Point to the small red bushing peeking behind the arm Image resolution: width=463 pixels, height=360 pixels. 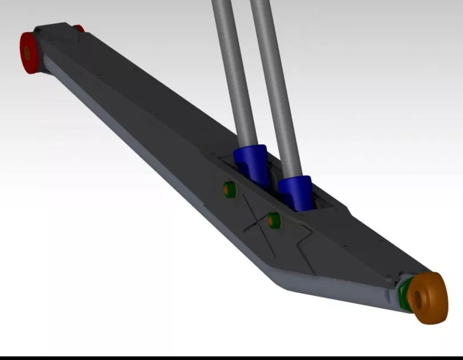click(x=79, y=29)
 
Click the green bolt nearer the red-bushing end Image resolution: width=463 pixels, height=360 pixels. click(x=230, y=189)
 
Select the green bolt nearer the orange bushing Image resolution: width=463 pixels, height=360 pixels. click(x=274, y=220)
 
